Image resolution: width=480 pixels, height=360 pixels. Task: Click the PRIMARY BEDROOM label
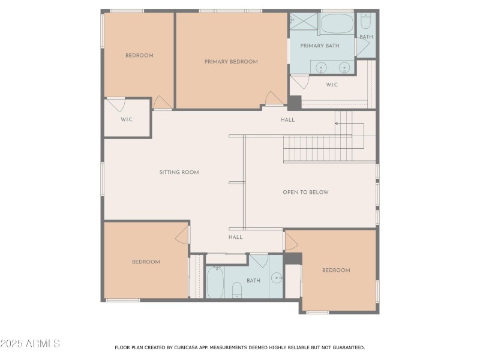click(231, 62)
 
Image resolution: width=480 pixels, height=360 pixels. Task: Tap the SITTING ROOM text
click(179, 172)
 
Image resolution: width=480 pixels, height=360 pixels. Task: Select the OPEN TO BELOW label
click(305, 192)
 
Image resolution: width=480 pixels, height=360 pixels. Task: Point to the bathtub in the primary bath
click(337, 25)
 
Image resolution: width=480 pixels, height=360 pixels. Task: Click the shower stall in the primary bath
click(302, 25)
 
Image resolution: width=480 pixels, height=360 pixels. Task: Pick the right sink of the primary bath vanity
click(344, 67)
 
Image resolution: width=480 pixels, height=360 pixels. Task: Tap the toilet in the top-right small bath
click(366, 23)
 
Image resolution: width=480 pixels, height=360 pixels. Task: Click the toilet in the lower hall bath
click(237, 290)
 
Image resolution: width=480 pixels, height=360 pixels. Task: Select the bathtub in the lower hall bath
click(215, 282)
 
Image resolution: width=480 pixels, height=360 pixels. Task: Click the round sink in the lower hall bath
click(277, 278)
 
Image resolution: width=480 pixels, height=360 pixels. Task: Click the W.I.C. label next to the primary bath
click(332, 85)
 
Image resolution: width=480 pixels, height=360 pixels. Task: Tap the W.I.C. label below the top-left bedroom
click(127, 119)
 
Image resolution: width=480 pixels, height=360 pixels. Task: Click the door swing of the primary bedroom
click(274, 98)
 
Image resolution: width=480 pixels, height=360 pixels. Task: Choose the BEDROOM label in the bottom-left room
click(146, 262)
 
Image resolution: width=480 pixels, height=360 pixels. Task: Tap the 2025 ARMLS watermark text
click(30, 344)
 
